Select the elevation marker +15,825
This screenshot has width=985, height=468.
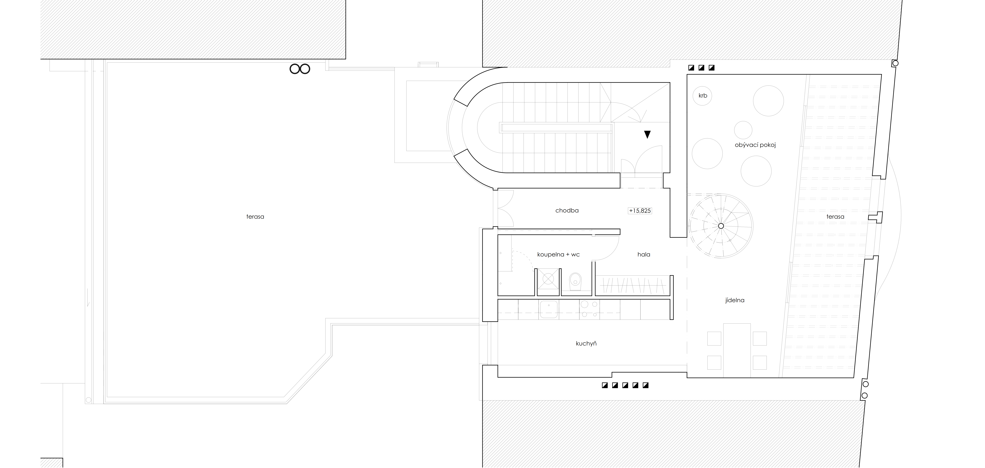640,211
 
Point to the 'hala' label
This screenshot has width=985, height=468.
644,254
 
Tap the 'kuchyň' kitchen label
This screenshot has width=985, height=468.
586,343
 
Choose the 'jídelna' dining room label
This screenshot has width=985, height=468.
735,300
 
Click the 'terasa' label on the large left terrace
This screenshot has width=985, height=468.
255,216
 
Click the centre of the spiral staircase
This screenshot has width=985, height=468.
721,226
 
